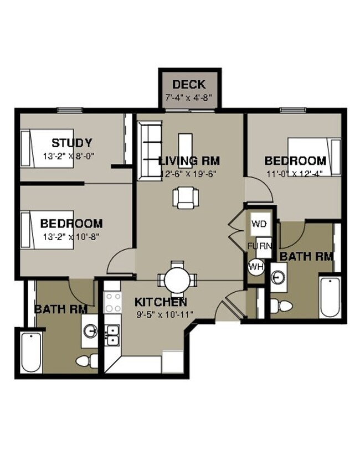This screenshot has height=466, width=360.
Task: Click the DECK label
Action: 189,85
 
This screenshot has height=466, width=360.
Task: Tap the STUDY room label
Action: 71,143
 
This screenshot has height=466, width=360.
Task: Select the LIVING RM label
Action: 189,161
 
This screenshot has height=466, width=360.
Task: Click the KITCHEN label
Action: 161,302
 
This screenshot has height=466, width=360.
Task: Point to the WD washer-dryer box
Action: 259,224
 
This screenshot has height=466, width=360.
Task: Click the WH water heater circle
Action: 255,266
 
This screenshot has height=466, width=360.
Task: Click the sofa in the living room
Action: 149,151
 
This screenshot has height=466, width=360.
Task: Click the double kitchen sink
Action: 113,335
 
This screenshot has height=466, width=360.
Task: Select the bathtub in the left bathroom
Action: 30,352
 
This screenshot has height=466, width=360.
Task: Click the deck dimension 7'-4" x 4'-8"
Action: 189,98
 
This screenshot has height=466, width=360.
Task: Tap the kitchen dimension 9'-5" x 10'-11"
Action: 161,315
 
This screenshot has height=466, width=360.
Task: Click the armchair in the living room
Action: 184,197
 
